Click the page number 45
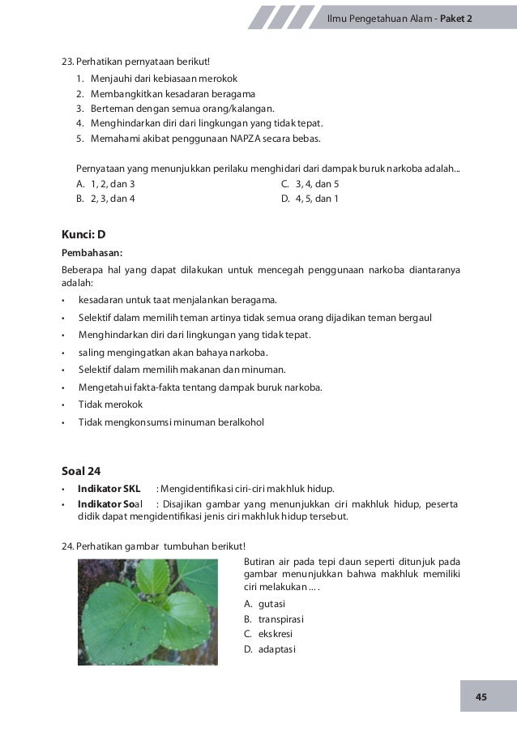pyautogui.click(x=481, y=697)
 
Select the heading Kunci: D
pyautogui.click(x=83, y=234)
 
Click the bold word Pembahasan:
pyautogui.click(x=92, y=251)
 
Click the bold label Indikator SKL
pyautogui.click(x=109, y=488)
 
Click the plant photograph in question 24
pyautogui.click(x=147, y=612)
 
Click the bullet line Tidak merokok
pyautogui.click(x=110, y=404)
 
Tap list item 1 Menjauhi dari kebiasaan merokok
pyautogui.click(x=154, y=79)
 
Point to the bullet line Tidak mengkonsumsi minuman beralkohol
pyautogui.click(x=171, y=422)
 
